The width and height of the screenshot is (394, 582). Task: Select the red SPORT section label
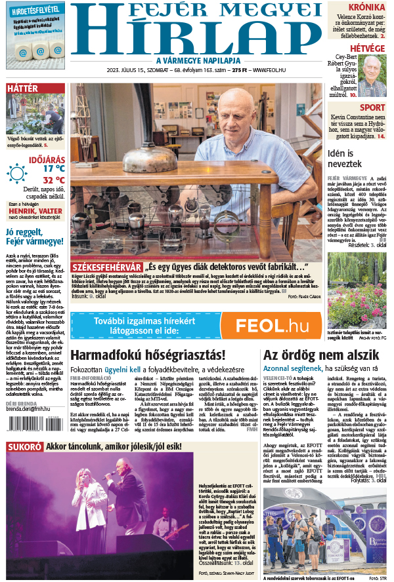pos(372,107)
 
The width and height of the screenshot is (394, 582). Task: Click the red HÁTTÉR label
pos(22,88)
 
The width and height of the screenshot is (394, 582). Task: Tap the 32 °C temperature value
pos(54,180)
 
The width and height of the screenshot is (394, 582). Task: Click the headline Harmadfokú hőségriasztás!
pos(147,355)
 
